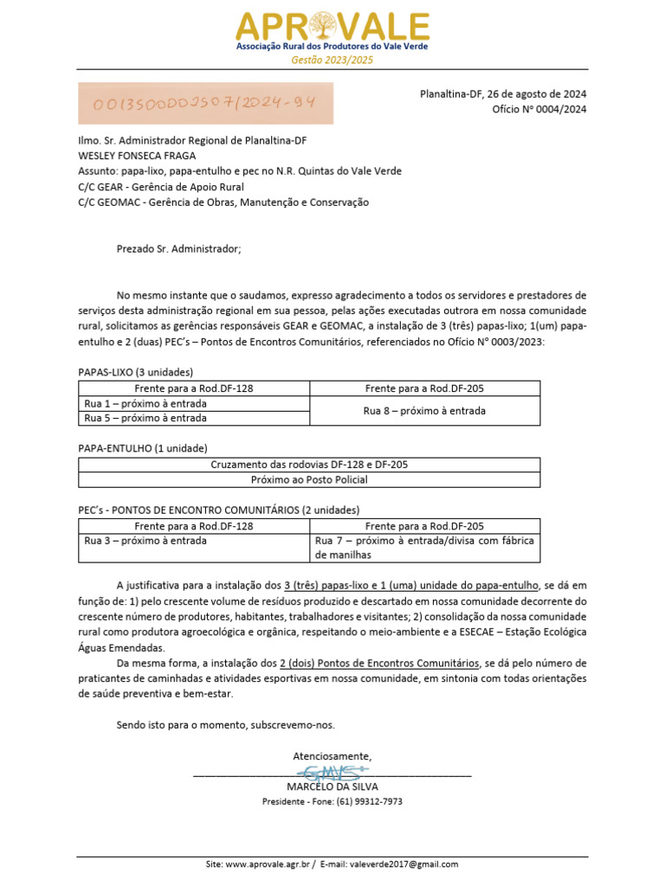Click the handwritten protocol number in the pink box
pos(205,103)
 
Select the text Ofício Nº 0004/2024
pos(539,109)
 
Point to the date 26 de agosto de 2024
pos(537,93)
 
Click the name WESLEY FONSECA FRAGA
pos(137,156)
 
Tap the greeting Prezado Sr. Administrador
pos(179,249)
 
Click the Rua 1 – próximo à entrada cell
pos(194,403)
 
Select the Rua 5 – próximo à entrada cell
pos(194,418)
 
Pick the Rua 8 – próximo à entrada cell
pos(424,411)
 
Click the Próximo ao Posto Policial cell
pos(309,479)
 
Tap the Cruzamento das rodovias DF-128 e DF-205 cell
pos(309,465)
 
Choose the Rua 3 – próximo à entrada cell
pos(194,541)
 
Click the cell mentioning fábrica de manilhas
pos(424,548)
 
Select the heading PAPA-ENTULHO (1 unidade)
pos(143,448)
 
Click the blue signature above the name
pos(332,771)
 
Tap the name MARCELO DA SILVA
pos(332,786)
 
